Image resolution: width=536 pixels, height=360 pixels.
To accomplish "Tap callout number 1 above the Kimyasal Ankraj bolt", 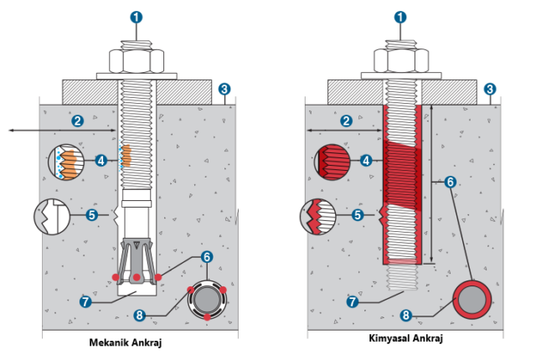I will click(x=399, y=16).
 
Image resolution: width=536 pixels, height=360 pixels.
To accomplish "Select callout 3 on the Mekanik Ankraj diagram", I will click(x=224, y=88).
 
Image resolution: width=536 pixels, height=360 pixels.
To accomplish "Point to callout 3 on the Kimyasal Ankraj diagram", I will click(x=489, y=88).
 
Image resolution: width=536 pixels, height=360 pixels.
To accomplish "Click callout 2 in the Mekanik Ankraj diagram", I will click(x=78, y=121).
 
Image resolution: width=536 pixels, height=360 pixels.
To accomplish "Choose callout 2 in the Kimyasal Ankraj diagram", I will click(x=345, y=121).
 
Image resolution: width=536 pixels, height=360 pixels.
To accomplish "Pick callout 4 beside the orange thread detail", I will click(x=100, y=159).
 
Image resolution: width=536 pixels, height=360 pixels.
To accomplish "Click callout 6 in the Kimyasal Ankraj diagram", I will click(x=450, y=181).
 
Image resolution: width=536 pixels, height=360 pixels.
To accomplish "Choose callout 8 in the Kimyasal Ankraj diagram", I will click(x=406, y=316).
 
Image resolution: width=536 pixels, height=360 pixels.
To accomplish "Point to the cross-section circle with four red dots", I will click(x=206, y=300).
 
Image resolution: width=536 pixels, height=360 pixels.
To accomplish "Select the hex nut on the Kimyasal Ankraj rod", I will click(x=399, y=61).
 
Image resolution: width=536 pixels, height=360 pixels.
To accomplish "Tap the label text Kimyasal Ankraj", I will click(x=405, y=338).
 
